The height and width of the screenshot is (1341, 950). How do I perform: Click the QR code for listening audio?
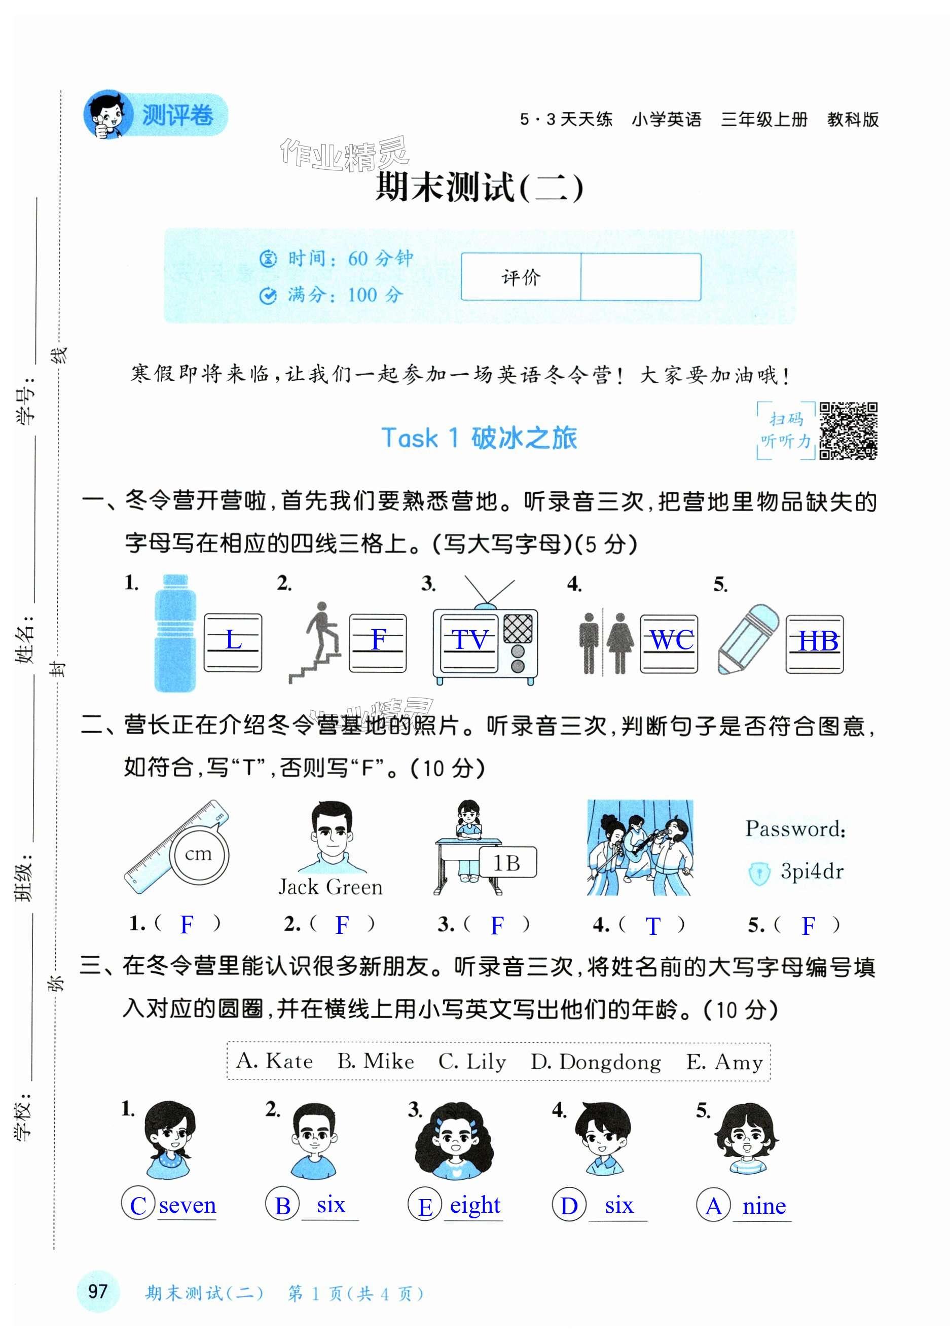pos(848,430)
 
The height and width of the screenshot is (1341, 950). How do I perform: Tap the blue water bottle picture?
pos(174,633)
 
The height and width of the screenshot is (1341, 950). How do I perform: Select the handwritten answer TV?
pos(470,640)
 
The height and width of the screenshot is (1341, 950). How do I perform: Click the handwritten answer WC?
pos(672,640)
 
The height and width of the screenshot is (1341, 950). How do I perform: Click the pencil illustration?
pos(748,639)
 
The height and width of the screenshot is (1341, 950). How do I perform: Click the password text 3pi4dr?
pos(812,872)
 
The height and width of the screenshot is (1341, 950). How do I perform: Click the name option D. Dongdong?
pos(596,1061)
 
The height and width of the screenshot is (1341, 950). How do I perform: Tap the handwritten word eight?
pos(475,1205)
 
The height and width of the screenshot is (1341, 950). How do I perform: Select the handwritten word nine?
pos(764,1206)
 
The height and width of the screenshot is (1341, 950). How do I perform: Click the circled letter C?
pos(138,1206)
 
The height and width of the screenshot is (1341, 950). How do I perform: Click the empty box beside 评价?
pos(641,277)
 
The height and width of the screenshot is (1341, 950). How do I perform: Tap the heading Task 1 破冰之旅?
pos(479,438)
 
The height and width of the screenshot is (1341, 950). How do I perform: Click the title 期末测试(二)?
pos(479,188)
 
